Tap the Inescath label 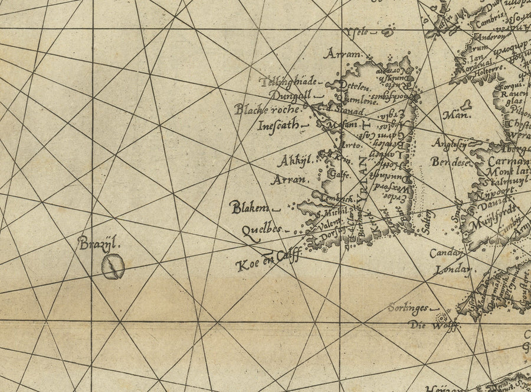pos(279,125)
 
